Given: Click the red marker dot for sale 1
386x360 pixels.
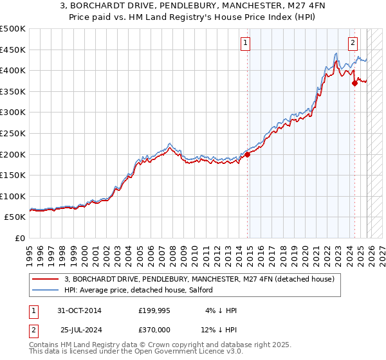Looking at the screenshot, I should [x=247, y=154].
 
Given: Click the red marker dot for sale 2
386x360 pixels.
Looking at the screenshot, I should [x=354, y=83].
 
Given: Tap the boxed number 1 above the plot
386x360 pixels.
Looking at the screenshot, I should [x=246, y=43].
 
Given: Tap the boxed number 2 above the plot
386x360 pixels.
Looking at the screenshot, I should [x=353, y=43].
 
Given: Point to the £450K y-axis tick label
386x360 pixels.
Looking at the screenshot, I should [x=13, y=50].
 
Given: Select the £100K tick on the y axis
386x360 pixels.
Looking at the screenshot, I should [x=13, y=196].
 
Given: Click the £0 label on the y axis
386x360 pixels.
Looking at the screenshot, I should [x=20, y=238].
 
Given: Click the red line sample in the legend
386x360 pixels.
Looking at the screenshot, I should [x=46, y=280].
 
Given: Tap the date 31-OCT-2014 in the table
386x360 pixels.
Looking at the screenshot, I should [x=78, y=310].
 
